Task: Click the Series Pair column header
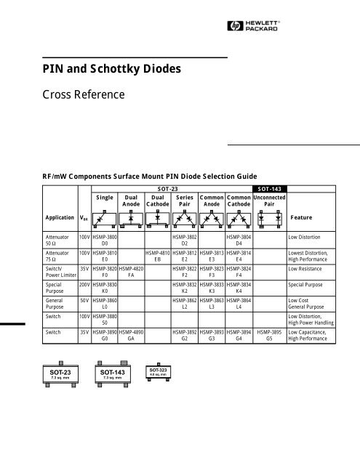point(185,199)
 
